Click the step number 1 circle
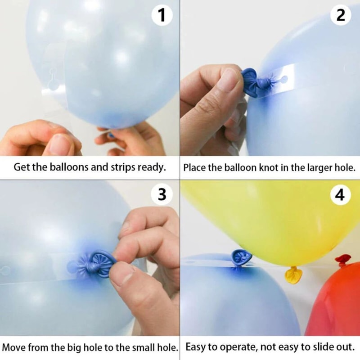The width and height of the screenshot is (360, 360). point(162,16)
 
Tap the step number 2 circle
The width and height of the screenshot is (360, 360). point(341,16)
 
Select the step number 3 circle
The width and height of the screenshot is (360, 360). point(162,195)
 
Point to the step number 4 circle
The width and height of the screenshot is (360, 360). point(341,195)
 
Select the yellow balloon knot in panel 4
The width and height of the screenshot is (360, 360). point(293,274)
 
